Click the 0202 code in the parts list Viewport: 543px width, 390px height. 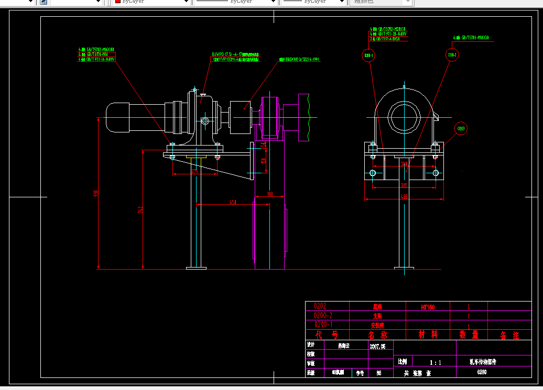pos(323,306)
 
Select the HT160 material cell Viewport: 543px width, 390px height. pos(427,307)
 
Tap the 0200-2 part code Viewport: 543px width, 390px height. pos(323,316)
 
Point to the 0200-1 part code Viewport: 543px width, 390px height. pos(323,325)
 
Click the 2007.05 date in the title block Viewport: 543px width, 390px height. pos(377,346)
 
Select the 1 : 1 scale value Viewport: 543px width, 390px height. pos(435,362)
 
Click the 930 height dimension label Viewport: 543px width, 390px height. pos(95,194)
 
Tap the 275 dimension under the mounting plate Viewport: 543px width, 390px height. pos(194,171)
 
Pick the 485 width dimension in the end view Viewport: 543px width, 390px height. pos(404,197)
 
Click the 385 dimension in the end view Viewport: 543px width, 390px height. pos(404,185)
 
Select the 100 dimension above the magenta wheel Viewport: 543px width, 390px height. pos(269,194)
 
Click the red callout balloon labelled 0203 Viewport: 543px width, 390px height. pos(461,128)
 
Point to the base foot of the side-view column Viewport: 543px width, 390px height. pos(196,268)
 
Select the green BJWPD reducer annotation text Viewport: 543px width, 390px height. pos(235,54)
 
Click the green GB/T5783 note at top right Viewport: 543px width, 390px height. pos(471,38)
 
